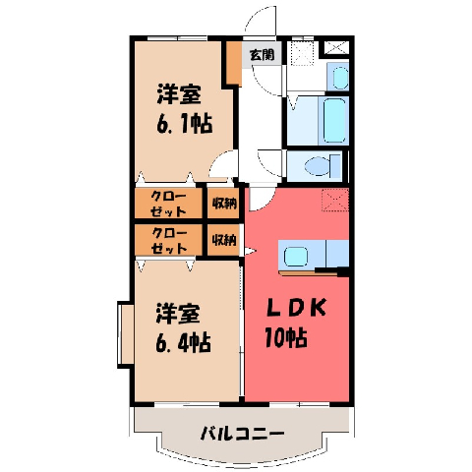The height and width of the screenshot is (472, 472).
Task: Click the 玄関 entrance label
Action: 262,54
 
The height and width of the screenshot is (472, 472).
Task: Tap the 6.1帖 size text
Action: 185,124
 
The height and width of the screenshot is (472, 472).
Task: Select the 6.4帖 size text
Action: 183,342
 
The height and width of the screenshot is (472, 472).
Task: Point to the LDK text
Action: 297,307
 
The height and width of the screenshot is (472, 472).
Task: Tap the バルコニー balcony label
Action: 242,434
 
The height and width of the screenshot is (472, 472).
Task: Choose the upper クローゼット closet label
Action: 168,204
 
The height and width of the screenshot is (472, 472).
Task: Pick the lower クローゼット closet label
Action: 169,241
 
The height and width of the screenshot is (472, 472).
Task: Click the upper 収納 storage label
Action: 224,204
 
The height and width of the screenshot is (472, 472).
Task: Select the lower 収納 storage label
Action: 224,240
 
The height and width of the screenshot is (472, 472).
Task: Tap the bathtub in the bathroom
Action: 335,120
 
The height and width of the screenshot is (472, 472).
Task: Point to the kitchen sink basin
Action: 295,256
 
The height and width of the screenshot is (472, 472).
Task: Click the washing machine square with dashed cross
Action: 302,52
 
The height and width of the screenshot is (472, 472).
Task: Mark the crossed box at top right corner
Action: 336,48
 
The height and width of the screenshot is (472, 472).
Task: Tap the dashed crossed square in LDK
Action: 334,200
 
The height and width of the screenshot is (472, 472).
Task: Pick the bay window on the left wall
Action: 126,334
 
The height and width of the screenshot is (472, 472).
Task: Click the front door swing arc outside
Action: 259,18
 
